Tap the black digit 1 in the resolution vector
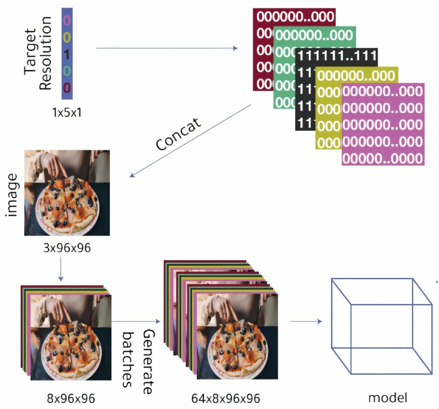click(x=67, y=54)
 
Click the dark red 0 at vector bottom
click(x=67, y=88)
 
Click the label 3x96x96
click(x=67, y=248)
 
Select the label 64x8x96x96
click(x=226, y=399)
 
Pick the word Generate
click(x=148, y=362)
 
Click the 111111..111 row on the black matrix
click(x=337, y=56)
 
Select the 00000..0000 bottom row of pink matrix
click(x=383, y=158)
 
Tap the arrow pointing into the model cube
click(x=306, y=321)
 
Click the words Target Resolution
click(x=38, y=53)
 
